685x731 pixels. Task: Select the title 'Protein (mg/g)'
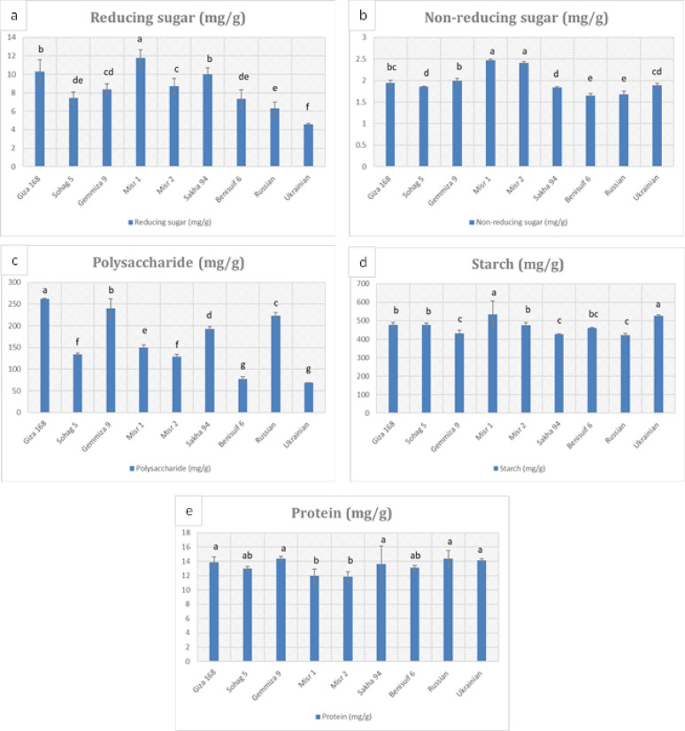(342, 512)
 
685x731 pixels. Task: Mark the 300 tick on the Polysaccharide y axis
(16, 282)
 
